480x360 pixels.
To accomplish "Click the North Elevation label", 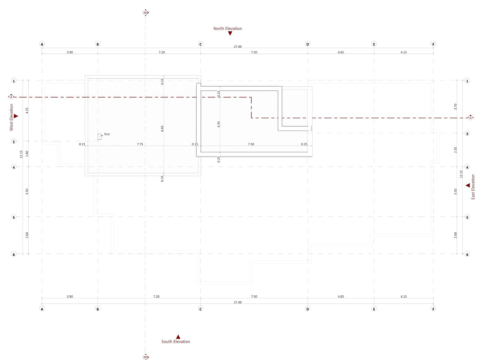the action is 228,29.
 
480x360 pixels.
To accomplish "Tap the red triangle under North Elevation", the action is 230,33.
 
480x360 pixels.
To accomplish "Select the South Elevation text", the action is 176,342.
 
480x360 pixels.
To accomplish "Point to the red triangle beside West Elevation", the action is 16,116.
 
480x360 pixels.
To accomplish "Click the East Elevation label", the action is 473,187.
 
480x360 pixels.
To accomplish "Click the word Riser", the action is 107,134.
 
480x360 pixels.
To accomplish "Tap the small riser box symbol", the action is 99,137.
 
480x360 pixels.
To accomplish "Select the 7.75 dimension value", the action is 140,144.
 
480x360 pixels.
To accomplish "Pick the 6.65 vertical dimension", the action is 162,128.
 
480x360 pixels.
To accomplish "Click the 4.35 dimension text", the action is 219,124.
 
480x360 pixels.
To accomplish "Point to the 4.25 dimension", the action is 27,110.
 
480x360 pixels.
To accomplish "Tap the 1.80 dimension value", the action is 27,153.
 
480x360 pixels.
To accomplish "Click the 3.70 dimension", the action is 455,107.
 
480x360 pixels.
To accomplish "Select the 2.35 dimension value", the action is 455,150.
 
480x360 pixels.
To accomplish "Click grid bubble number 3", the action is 467,134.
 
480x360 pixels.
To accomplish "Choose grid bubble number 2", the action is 14,142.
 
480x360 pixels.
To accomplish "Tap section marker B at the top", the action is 145,13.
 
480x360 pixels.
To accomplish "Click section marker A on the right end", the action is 470,118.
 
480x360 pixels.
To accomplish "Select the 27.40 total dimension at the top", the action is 237,47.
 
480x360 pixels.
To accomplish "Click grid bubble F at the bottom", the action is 433,309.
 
